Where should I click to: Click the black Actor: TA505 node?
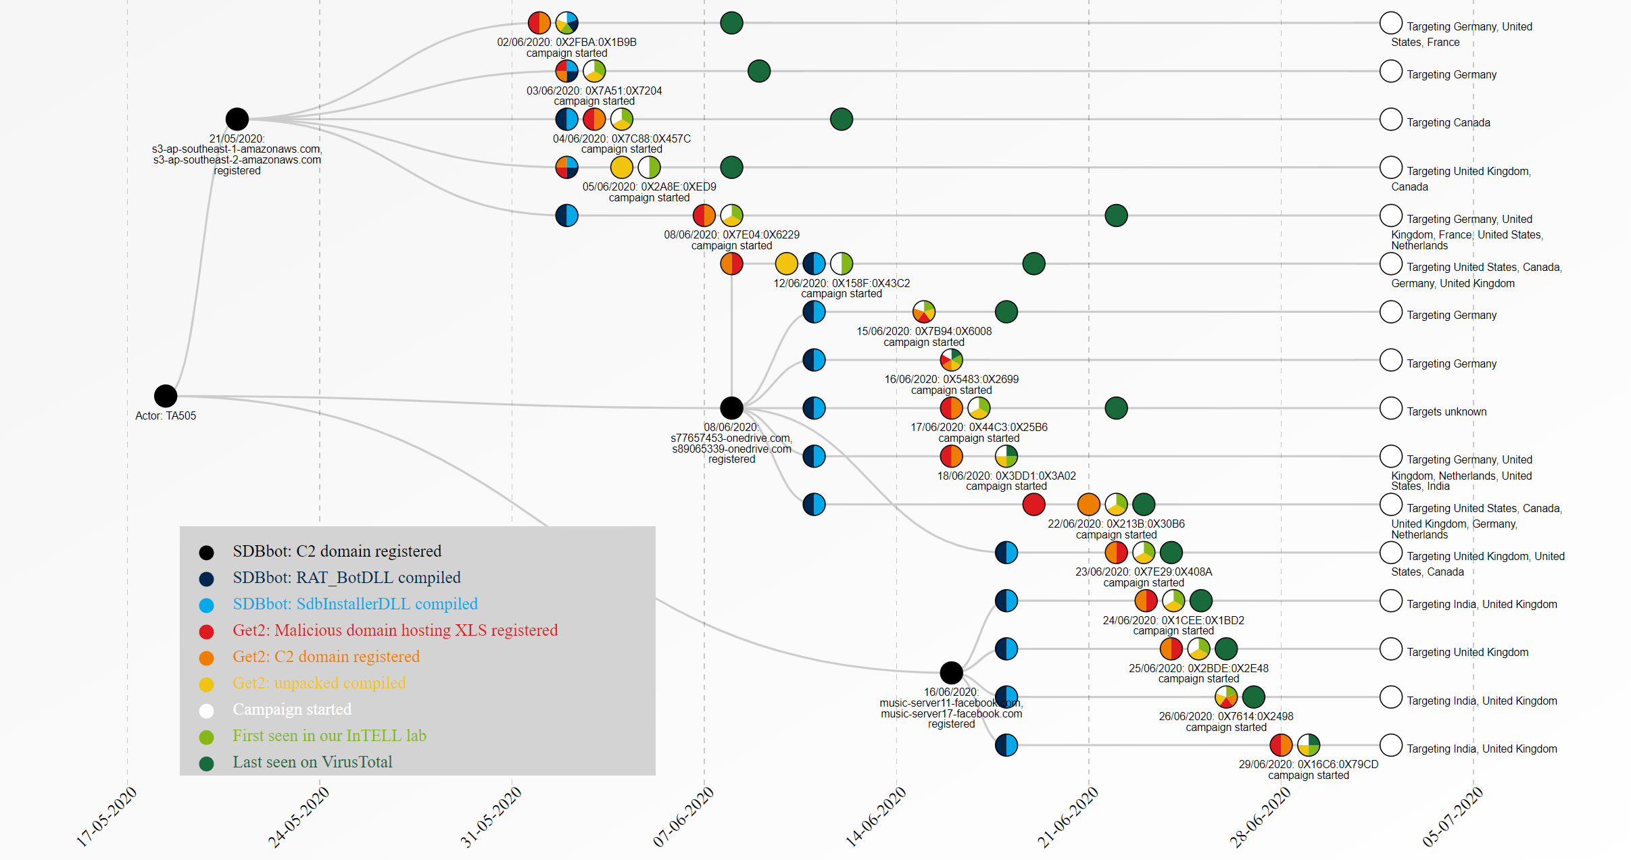[166, 396]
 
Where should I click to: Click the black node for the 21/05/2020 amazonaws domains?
[237, 119]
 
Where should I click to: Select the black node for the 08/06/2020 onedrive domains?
[731, 408]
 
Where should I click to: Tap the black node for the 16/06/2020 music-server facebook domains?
[951, 672]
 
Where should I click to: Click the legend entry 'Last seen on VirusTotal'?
[312, 762]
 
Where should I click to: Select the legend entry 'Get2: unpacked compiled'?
[319, 683]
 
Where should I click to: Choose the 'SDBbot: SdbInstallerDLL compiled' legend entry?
[355, 604]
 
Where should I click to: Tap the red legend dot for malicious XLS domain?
[207, 632]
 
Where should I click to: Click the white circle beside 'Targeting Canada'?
[1390, 120]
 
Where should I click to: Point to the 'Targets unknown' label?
[1446, 411]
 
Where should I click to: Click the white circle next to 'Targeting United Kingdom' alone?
[1390, 649]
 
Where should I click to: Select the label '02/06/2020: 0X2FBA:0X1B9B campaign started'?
[567, 47]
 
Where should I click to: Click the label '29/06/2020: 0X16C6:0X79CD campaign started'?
[1309, 769]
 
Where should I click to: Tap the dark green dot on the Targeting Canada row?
[842, 120]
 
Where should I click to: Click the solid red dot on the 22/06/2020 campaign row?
[1034, 504]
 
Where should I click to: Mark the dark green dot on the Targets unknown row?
[1116, 408]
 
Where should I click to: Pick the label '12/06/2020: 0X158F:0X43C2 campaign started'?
[842, 288]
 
